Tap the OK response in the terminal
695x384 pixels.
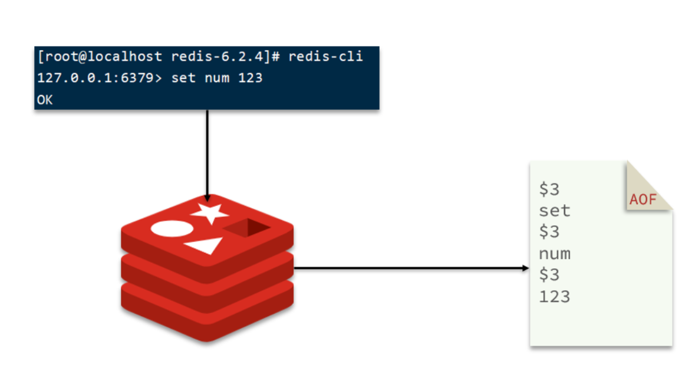pyautogui.click(x=45, y=100)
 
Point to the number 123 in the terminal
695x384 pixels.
pyautogui.click(x=251, y=78)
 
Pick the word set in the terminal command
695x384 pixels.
pyautogui.click(x=182, y=78)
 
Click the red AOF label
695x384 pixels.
pyautogui.click(x=643, y=199)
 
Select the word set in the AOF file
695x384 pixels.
pyautogui.click(x=554, y=211)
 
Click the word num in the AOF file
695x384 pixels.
pyautogui.click(x=554, y=254)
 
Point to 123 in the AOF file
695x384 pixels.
pyautogui.click(x=554, y=296)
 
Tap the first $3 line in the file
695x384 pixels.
pyautogui.click(x=549, y=189)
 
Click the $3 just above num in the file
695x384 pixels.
pyautogui.click(x=549, y=232)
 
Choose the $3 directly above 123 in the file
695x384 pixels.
pyautogui.click(x=549, y=275)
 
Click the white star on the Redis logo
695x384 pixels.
pyautogui.click(x=209, y=214)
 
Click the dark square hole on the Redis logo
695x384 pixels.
pyautogui.click(x=248, y=228)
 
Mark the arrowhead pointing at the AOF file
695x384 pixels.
pyautogui.click(x=526, y=268)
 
